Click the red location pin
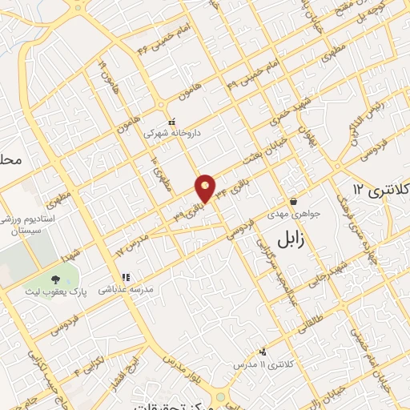tap(206, 187)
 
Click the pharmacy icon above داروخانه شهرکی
tap(171, 122)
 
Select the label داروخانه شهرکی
tap(170, 134)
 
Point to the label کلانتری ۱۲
tap(380, 189)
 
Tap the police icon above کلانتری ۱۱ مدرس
tap(262, 352)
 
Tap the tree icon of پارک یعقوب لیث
tap(55, 279)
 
